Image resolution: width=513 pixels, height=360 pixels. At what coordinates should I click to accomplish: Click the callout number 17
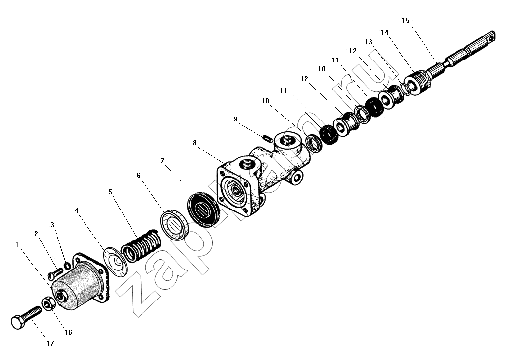tap(50, 343)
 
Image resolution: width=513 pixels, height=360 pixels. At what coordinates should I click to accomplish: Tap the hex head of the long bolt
tap(17, 322)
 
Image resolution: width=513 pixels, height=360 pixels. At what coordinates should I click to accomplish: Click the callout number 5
tap(110, 192)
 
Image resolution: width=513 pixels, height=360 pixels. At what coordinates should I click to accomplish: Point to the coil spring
tap(142, 245)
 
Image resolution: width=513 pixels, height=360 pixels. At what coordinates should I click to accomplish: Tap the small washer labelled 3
tap(67, 266)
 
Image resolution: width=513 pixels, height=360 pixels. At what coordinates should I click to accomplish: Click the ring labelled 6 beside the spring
tap(175, 224)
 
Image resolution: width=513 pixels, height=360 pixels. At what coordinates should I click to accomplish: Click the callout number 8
tap(195, 143)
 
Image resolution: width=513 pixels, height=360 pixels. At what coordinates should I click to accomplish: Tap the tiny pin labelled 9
tap(268, 138)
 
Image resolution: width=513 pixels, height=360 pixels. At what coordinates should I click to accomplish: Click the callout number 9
tap(236, 119)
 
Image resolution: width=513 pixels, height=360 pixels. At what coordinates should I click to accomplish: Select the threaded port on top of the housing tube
tap(287, 142)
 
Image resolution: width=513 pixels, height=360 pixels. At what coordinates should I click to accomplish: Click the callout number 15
tap(406, 20)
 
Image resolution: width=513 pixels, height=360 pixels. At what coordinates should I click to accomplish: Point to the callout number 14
tap(384, 32)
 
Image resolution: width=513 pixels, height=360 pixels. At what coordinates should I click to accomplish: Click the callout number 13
tap(369, 42)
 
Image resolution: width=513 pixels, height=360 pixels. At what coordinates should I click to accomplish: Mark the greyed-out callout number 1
tap(17, 244)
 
